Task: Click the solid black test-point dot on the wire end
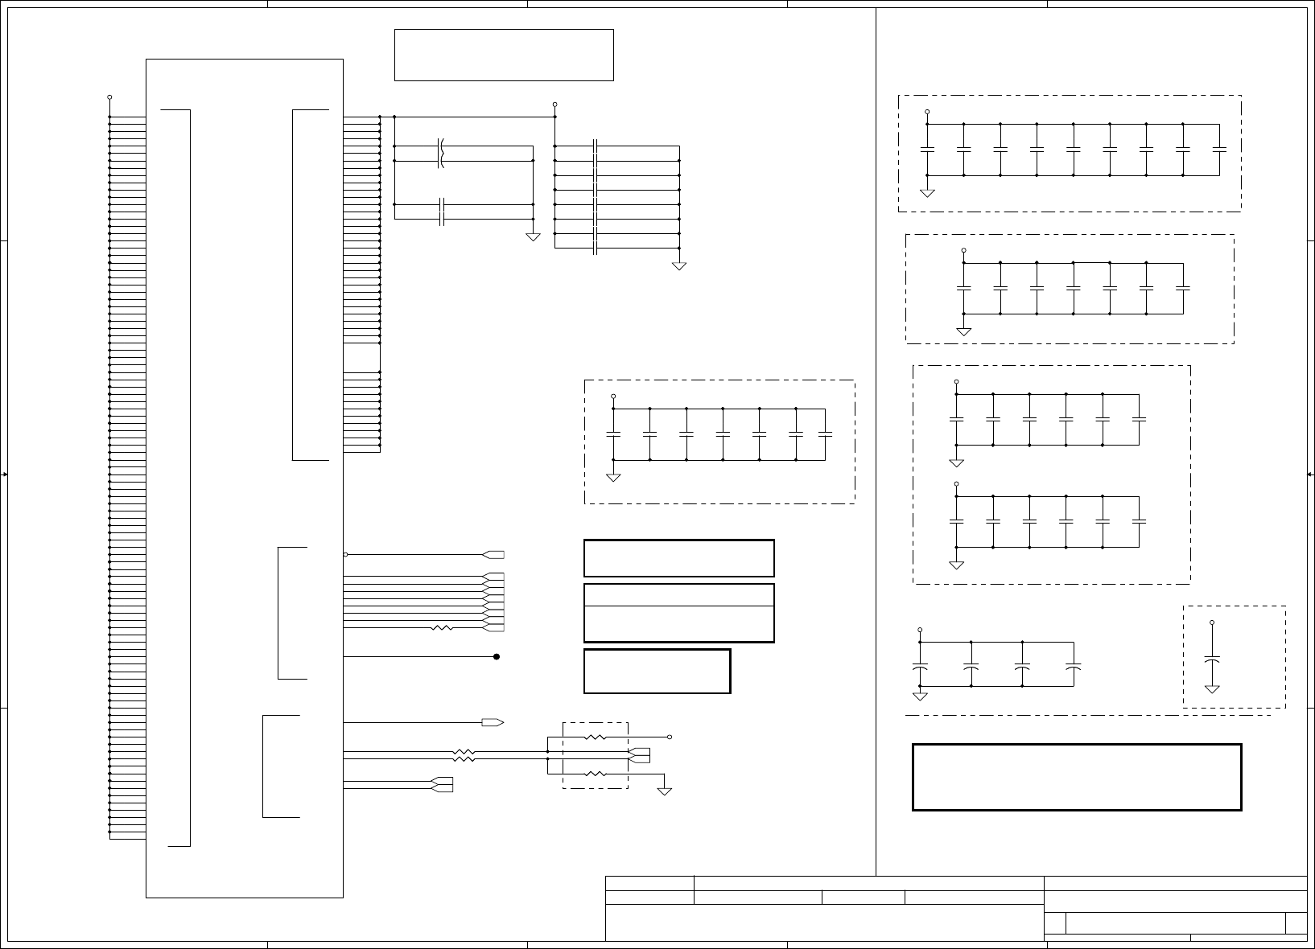(x=497, y=657)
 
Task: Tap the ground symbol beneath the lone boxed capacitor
(x=1212, y=688)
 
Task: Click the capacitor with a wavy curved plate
(x=441, y=154)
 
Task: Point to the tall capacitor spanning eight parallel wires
(x=596, y=197)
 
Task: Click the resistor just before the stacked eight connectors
(x=443, y=627)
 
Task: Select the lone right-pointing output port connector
(x=493, y=722)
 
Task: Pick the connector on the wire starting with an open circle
(x=493, y=554)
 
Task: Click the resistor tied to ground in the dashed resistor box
(x=595, y=774)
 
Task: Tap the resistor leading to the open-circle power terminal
(x=595, y=737)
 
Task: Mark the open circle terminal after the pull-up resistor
(x=670, y=737)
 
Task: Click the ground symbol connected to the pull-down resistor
(x=665, y=790)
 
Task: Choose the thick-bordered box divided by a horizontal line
(x=678, y=613)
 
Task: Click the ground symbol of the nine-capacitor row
(x=927, y=192)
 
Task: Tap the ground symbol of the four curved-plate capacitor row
(x=920, y=694)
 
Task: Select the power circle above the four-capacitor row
(x=920, y=630)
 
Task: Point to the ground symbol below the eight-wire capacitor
(x=679, y=265)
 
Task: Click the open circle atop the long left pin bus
(x=109, y=97)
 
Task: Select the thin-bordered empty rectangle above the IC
(x=504, y=55)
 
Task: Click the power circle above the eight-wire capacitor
(x=555, y=105)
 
